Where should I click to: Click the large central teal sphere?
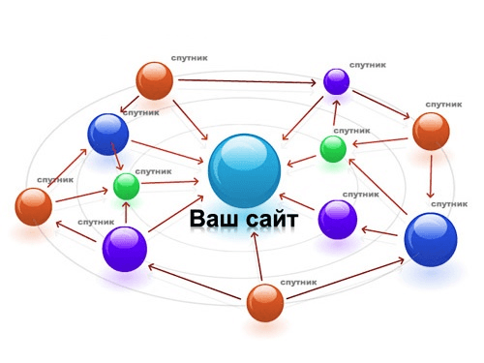tap(244, 170)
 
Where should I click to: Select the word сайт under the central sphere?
tap(271, 220)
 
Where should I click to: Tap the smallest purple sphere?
tap(336, 81)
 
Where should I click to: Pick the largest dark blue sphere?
tap(431, 239)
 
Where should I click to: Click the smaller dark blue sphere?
tap(108, 135)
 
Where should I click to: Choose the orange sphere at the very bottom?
tap(265, 303)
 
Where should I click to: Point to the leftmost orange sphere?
tap(34, 206)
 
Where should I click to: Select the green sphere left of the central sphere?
tap(126, 186)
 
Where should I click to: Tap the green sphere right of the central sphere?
tap(333, 149)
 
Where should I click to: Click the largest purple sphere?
tap(125, 249)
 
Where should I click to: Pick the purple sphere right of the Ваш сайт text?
tap(338, 220)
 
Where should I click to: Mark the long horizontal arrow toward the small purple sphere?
tap(247, 81)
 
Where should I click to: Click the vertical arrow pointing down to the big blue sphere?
tap(431, 176)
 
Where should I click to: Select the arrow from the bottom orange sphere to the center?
tap(257, 256)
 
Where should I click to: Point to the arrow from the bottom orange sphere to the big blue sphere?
tap(346, 278)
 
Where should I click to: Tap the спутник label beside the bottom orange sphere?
tap(298, 283)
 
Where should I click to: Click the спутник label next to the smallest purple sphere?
tap(368, 65)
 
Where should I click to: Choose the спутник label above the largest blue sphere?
tap(449, 204)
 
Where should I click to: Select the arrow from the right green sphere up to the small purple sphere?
tap(336, 112)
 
